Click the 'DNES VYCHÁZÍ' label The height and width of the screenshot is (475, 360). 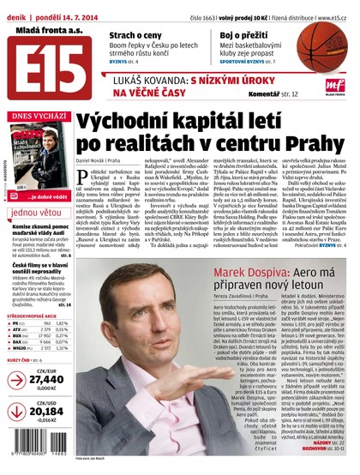tap(35, 115)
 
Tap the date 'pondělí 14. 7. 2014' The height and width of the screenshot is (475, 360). tap(72, 7)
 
